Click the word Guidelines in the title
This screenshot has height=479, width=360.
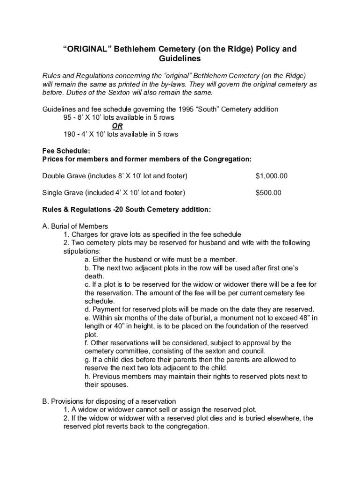(180, 59)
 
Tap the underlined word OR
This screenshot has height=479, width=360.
(117, 126)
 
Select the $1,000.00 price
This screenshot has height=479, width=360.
(272, 176)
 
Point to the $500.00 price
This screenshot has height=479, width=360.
(268, 193)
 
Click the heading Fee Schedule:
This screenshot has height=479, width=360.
(66, 151)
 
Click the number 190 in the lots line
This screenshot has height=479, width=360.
(70, 134)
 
